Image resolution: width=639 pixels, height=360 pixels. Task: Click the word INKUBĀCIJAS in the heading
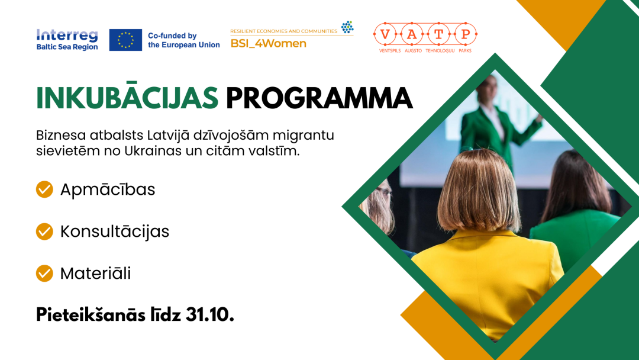tap(127, 98)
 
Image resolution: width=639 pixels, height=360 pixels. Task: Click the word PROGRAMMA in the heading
tap(319, 98)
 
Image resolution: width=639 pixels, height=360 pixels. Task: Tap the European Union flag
tap(125, 40)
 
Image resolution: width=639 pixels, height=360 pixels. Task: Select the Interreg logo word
tap(67, 36)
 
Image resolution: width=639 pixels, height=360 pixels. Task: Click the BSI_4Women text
tap(268, 44)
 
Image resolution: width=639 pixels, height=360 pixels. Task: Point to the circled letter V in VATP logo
tap(385, 34)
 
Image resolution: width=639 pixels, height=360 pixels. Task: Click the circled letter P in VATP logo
tap(466, 34)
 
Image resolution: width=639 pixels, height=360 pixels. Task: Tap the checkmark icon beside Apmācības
tap(44, 189)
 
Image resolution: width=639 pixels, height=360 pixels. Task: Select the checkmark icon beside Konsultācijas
tap(44, 231)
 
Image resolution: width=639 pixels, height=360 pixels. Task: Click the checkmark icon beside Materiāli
tap(44, 273)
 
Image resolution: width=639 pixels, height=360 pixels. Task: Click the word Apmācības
tap(108, 189)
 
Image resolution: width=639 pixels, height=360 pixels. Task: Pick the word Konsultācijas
tap(115, 231)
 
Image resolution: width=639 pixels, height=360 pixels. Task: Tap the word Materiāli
tap(95, 273)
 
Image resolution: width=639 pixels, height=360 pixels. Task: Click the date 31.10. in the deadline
tap(210, 315)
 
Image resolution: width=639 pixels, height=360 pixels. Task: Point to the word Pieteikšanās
tap(91, 315)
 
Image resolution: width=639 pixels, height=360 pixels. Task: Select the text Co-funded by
tap(172, 36)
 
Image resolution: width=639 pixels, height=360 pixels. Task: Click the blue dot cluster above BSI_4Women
tap(347, 27)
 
